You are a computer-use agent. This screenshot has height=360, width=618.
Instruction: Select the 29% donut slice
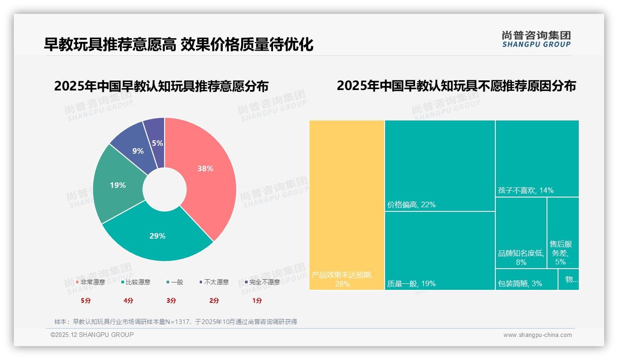(157, 238)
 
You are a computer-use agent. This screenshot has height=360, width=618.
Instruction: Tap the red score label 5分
(86, 300)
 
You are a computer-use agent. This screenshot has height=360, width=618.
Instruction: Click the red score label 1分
(257, 300)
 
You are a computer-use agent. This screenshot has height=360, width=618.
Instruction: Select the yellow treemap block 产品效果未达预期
(347, 205)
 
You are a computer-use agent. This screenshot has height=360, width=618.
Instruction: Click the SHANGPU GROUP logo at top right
(536, 39)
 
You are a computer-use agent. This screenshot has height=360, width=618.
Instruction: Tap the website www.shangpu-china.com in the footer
(537, 335)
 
